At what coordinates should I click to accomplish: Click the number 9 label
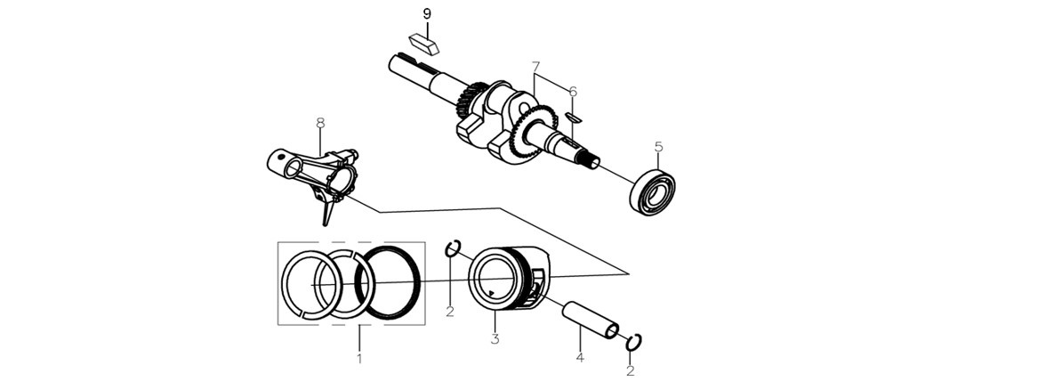[427, 13]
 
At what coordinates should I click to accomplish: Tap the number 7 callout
[535, 68]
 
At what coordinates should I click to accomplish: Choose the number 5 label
[658, 146]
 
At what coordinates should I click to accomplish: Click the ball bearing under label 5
[653, 192]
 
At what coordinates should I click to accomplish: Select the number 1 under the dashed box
[359, 358]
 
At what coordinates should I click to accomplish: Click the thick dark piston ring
[389, 281]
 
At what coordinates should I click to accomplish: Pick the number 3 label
[495, 338]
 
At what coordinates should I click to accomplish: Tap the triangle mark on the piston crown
[493, 292]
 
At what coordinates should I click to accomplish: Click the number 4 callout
[580, 357]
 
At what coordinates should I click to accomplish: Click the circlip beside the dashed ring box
[453, 248]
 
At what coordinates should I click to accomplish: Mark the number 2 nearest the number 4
[630, 370]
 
